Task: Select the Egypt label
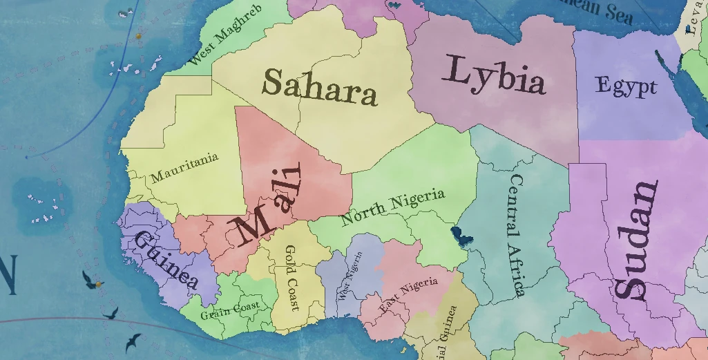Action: click(626, 87)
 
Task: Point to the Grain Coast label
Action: click(230, 310)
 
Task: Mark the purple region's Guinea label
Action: click(166, 260)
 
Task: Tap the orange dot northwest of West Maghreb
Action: click(139, 35)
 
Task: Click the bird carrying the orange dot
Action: click(92, 280)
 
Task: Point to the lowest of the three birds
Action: click(132, 341)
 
